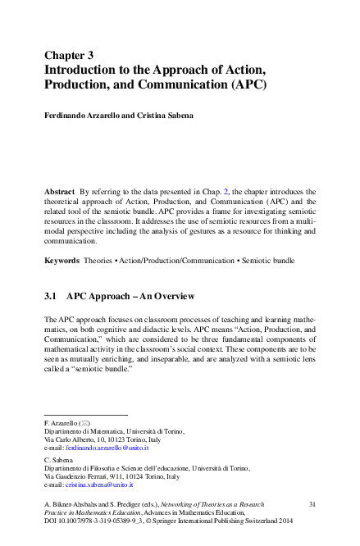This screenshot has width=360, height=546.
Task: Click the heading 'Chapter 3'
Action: tap(75, 55)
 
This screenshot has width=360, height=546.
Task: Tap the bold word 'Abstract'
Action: tap(60, 190)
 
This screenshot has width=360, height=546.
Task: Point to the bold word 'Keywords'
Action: tap(62, 260)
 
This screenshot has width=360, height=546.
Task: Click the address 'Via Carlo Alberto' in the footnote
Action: tap(72, 439)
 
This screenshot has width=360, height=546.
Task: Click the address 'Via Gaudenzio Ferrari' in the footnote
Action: tap(79, 476)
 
